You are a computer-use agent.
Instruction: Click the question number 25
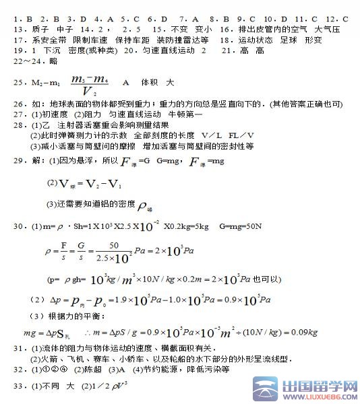(x=18, y=82)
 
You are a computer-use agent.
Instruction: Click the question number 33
(x=18, y=386)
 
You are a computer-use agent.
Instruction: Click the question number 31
(x=18, y=348)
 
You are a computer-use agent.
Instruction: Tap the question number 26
(x=18, y=105)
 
